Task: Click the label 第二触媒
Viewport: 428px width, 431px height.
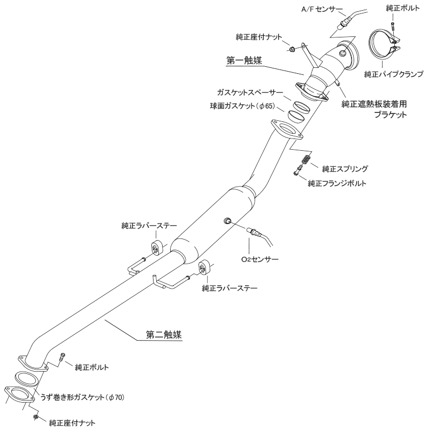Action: pos(164,336)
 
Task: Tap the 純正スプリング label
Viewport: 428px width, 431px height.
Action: pos(345,168)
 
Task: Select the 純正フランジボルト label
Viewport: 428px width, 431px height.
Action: pos(338,183)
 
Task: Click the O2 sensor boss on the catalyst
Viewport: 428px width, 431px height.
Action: pos(226,220)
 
